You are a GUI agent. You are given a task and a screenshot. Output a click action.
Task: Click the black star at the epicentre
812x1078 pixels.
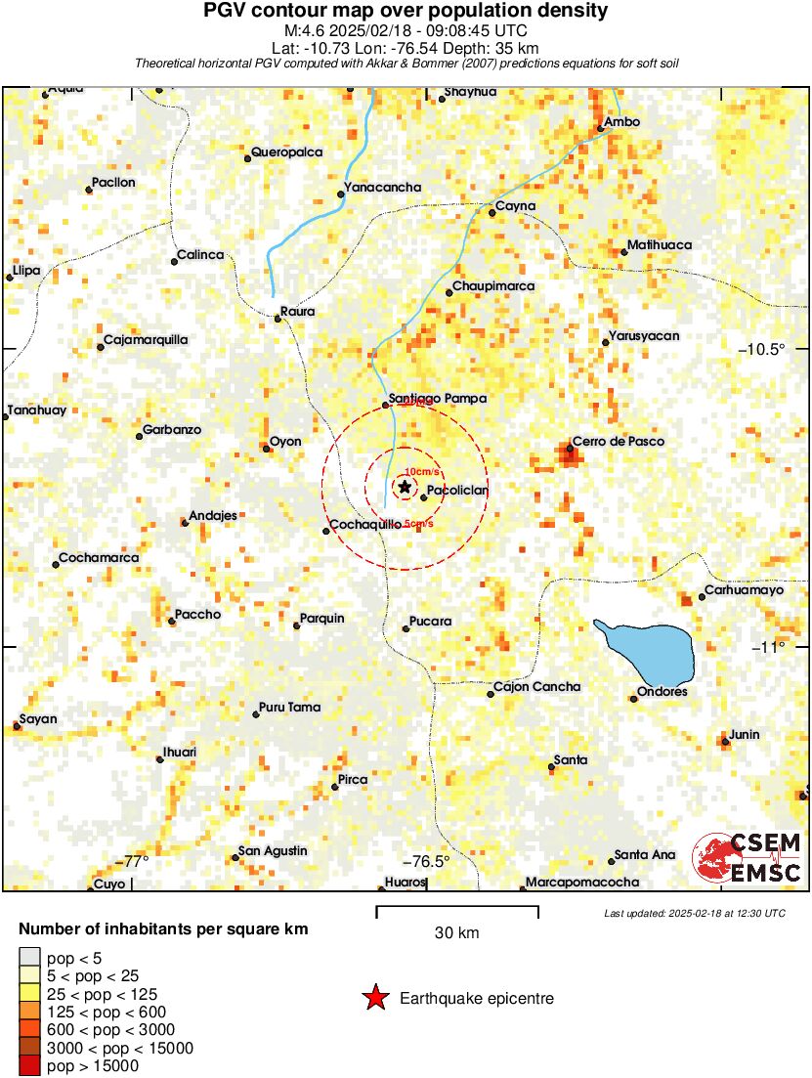point(405,486)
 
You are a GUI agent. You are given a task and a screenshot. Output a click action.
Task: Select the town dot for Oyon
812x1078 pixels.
point(266,449)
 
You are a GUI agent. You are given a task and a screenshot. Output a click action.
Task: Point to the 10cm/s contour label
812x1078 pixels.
point(421,471)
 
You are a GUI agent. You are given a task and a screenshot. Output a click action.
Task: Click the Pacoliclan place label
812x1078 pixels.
point(458,491)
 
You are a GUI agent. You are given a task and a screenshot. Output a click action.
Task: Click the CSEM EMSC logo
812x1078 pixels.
point(748,857)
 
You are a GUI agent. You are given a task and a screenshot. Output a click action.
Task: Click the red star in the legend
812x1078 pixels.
point(374,998)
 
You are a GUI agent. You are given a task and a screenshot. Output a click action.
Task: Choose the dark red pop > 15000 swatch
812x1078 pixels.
point(29,1066)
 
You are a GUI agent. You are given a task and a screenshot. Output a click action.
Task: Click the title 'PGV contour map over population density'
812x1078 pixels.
point(406,12)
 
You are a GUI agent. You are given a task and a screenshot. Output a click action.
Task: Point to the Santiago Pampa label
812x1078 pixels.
point(437,399)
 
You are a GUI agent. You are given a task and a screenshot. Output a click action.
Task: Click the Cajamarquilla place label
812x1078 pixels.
point(146,340)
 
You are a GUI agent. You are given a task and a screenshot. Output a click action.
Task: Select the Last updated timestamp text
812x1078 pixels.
point(695,913)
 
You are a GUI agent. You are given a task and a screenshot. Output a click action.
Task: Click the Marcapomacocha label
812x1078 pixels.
point(582,882)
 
